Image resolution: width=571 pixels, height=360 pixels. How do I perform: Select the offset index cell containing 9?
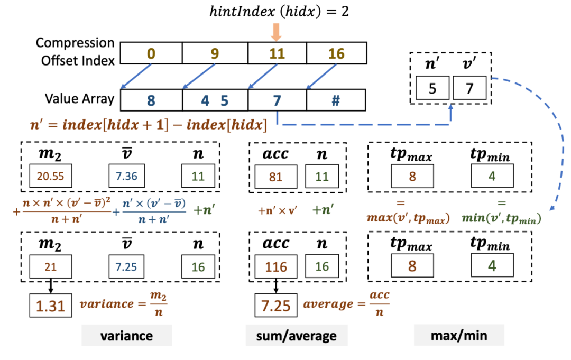coord(215,53)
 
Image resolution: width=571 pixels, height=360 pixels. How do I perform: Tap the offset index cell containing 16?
coord(336,53)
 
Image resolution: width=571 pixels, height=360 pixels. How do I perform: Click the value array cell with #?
coord(336,100)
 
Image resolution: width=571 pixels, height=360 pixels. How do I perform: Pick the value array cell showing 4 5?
coord(215,100)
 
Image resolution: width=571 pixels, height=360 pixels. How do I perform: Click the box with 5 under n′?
coord(432,87)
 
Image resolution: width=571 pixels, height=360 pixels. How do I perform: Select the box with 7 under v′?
coord(468,87)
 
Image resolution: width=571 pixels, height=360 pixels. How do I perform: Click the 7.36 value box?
coord(126,176)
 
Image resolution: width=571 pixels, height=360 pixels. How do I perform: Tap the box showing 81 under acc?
coord(275,176)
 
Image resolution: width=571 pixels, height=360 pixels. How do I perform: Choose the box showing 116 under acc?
coord(275,267)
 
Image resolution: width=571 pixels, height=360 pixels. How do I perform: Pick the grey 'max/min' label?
coord(458,336)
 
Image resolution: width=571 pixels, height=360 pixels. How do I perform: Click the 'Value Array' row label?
coord(79,99)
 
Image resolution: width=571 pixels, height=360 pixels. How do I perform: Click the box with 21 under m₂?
coord(50,267)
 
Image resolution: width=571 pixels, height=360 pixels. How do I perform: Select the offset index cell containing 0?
coord(151,53)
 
